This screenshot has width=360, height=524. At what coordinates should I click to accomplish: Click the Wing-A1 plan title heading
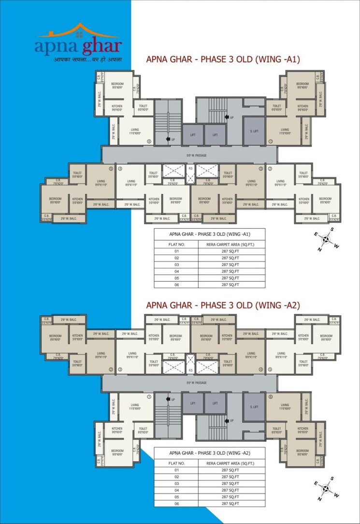tap(223, 59)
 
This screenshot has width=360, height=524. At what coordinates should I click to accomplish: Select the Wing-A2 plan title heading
tap(223, 305)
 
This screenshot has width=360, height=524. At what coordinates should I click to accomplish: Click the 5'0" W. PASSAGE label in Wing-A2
tap(197, 382)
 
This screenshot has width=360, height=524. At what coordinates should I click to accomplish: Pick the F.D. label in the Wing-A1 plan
tap(191, 168)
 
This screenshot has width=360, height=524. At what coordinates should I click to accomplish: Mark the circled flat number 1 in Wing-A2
tap(149, 397)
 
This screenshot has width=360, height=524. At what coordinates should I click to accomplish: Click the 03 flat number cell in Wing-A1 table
tap(176, 265)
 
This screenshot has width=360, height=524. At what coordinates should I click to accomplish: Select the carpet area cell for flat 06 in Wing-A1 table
tap(231, 285)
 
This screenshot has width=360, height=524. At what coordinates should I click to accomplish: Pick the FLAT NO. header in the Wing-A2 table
tap(176, 463)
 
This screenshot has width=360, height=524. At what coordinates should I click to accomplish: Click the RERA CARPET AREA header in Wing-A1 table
tap(231, 245)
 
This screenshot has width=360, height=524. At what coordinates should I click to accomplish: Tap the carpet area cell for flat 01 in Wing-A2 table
tap(231, 470)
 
